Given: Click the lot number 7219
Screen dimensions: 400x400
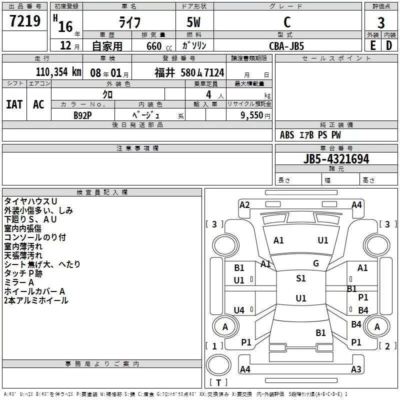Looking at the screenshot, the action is (x=25, y=21).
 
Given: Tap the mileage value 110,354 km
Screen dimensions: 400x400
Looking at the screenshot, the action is (x=58, y=72).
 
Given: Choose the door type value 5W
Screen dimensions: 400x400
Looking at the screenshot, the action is (x=195, y=22).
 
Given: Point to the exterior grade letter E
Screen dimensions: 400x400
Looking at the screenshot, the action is (x=372, y=45).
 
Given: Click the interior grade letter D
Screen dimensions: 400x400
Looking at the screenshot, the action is (x=389, y=45).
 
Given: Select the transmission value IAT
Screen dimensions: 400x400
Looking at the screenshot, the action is (x=14, y=104).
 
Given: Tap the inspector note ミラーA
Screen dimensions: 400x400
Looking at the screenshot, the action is (x=19, y=282).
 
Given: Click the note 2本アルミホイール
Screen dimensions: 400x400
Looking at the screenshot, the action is (x=36, y=300).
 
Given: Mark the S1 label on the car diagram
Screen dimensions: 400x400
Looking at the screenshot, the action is (x=300, y=278).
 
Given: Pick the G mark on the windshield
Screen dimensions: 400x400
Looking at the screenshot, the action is (x=316, y=263).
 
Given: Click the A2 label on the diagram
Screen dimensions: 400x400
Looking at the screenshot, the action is (x=244, y=204).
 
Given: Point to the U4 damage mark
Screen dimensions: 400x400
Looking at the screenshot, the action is (x=239, y=310).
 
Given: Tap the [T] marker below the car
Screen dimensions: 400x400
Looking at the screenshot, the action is (x=218, y=383).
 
